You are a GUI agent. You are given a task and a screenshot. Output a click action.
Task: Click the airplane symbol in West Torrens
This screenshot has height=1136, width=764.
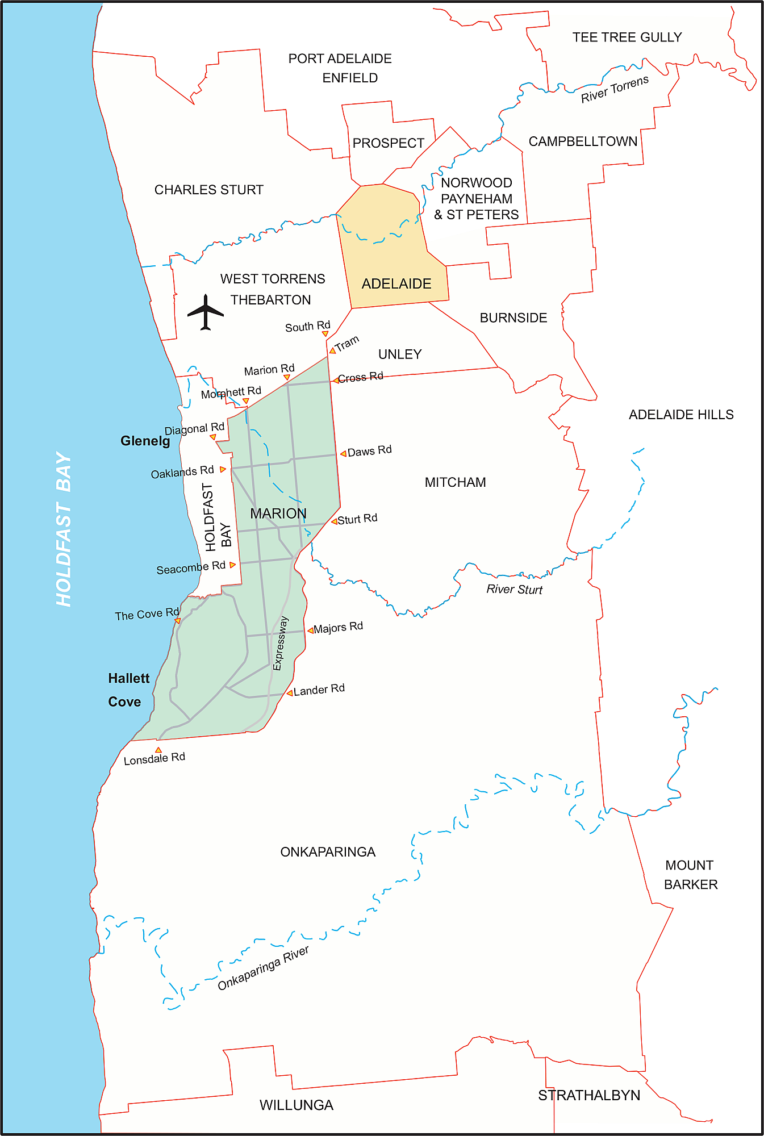tap(206, 312)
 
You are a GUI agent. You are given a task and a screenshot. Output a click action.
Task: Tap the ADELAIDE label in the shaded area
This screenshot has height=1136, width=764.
tap(396, 283)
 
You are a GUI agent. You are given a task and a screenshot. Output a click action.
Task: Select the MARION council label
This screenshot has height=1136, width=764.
tap(278, 513)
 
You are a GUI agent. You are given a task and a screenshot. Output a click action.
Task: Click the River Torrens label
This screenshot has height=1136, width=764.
tap(614, 89)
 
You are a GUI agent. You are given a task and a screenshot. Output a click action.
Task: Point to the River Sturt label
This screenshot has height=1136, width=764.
tap(514, 590)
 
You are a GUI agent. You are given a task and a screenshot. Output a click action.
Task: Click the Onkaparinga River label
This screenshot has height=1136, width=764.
tap(263, 968)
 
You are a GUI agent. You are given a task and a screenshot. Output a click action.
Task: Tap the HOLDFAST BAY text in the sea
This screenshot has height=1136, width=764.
tap(64, 528)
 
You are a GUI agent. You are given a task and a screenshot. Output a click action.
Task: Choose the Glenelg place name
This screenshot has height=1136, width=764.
tap(145, 441)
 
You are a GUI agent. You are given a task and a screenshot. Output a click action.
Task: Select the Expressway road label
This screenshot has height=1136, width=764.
tap(281, 643)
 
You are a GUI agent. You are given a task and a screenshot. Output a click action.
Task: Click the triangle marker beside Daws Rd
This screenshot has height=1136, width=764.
tap(343, 453)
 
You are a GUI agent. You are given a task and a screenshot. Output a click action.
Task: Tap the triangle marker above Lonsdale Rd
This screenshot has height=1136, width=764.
tap(158, 750)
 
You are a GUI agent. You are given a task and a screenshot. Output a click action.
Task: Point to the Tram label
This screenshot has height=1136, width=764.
tap(347, 344)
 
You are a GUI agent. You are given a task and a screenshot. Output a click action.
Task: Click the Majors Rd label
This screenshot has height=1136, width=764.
tap(338, 627)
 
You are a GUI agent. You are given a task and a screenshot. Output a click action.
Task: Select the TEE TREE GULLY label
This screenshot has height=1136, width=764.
tap(627, 37)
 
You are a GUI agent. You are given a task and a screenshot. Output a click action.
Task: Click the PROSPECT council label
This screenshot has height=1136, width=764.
tap(389, 143)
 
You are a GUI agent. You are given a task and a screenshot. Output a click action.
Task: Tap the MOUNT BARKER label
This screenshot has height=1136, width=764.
tap(690, 875)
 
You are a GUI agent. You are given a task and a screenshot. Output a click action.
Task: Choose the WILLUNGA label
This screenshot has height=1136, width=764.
tap(297, 1105)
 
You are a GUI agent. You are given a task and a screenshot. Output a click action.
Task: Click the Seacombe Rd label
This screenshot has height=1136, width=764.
tap(191, 567)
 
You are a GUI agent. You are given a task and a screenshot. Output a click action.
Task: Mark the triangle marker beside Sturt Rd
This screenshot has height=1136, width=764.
tap(335, 521)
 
